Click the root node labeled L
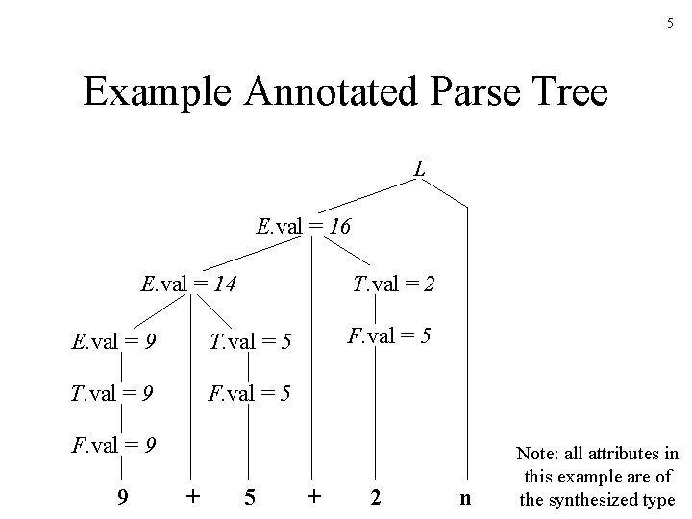click(420, 170)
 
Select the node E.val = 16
click(304, 228)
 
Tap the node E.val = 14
click(189, 284)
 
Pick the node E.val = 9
click(115, 341)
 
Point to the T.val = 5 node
click(250, 341)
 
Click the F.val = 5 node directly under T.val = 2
click(389, 337)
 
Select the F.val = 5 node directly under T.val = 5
click(250, 394)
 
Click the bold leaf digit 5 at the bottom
click(249, 498)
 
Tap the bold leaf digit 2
click(376, 498)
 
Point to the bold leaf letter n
click(466, 498)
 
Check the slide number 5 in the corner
click(670, 23)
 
